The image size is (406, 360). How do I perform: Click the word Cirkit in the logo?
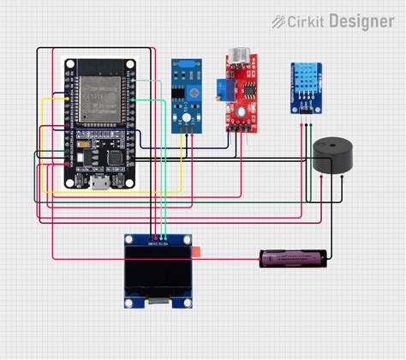(x=307, y=21)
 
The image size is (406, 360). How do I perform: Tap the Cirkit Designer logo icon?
(x=279, y=21)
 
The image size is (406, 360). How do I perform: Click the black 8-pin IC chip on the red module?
(x=248, y=86)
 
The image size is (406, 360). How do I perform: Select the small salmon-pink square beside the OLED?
(x=197, y=251)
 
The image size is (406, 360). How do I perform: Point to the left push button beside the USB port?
(x=78, y=181)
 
